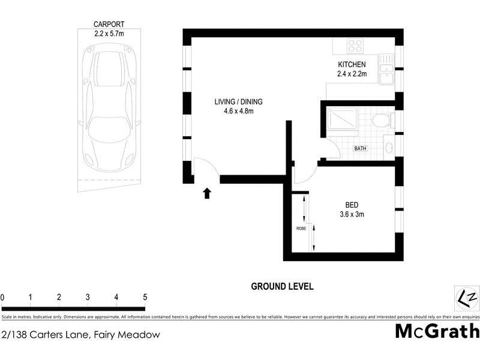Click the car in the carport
tap(112, 109)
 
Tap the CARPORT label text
tap(109, 25)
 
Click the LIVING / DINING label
tap(238, 102)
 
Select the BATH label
tap(360, 148)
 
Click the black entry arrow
tap(207, 193)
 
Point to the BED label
tap(352, 204)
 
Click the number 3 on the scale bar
tap(88, 297)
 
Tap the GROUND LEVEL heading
tap(282, 287)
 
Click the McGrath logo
tap(437, 331)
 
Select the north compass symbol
tap(466, 298)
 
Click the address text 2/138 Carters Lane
tap(81, 335)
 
